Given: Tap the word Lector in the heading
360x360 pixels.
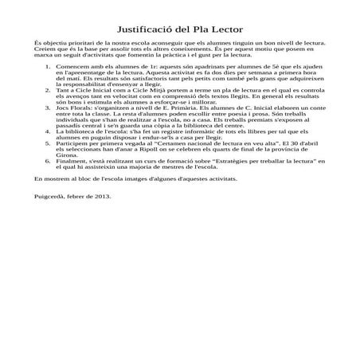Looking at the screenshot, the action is pos(236,28).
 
